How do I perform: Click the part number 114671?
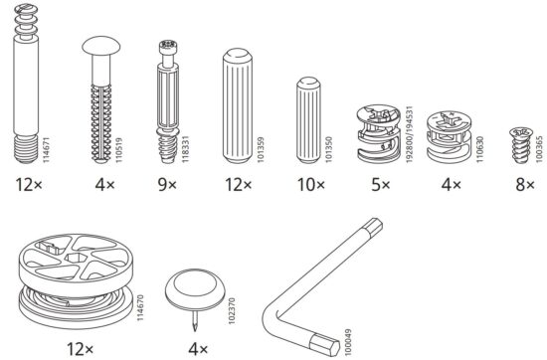[x=46, y=150]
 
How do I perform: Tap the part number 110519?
[x=119, y=150]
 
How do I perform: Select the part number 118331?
[x=186, y=149]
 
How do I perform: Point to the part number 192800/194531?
[x=410, y=134]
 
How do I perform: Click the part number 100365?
[x=539, y=148]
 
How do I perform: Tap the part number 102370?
[x=232, y=311]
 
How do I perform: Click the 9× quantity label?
[x=167, y=185]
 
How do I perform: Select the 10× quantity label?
[x=311, y=185]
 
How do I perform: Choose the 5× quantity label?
[x=381, y=185]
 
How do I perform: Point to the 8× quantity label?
[x=525, y=185]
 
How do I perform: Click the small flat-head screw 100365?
[x=520, y=144]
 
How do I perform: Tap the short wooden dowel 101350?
[x=308, y=120]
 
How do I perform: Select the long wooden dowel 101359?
[x=238, y=105]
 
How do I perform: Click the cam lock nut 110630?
[x=450, y=137]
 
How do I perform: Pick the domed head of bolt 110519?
[x=101, y=46]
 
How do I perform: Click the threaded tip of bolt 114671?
[x=26, y=149]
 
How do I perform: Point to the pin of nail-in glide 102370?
[x=195, y=321]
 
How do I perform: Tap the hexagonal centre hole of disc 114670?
[x=74, y=259]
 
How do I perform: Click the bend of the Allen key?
[x=273, y=315]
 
